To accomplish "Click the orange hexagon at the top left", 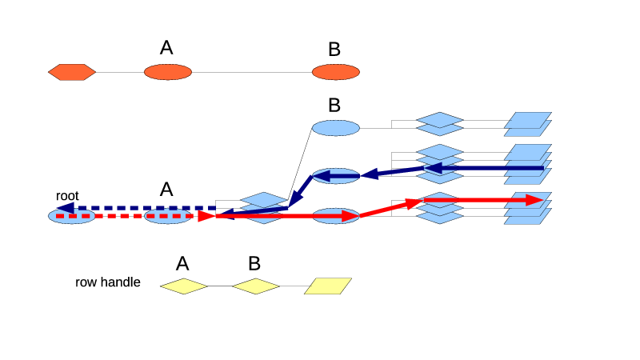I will click(72, 72).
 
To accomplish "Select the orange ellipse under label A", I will click(168, 72).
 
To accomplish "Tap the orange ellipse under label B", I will click(336, 72).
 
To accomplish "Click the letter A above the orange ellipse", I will click(166, 48).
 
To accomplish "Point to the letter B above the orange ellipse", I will click(334, 50).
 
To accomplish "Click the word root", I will click(67, 196).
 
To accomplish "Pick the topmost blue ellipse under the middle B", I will click(336, 128).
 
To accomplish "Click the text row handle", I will click(108, 282).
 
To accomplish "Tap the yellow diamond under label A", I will click(184, 286).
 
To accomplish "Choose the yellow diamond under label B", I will click(256, 286).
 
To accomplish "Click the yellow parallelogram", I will click(328, 286).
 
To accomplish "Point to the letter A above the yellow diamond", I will click(182, 263).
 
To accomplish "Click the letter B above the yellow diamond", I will click(254, 263).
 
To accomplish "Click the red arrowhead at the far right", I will click(534, 200).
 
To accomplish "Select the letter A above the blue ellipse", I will click(166, 190).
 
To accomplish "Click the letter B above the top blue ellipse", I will click(334, 105).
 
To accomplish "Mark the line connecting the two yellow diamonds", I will click(220, 286).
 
